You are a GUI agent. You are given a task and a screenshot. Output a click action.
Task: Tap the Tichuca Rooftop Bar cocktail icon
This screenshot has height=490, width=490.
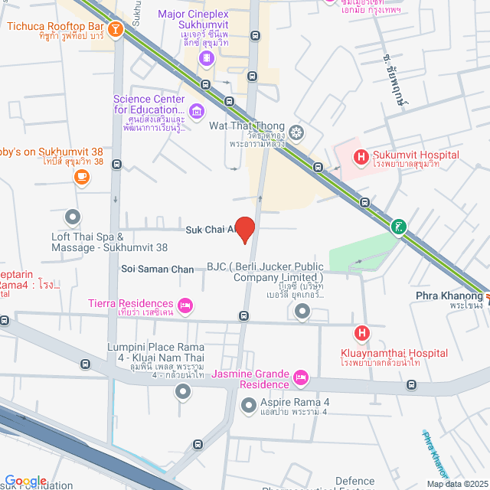[116, 30]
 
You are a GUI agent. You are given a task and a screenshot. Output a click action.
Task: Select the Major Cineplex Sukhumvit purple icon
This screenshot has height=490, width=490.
[206, 58]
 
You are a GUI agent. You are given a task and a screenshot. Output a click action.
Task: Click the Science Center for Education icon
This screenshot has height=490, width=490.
[198, 113]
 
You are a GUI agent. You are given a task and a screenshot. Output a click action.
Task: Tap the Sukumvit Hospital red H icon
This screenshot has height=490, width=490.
[361, 157]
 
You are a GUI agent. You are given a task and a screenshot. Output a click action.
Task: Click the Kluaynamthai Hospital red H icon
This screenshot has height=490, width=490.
[361, 333]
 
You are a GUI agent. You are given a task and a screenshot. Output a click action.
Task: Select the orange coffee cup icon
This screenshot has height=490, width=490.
[81, 177]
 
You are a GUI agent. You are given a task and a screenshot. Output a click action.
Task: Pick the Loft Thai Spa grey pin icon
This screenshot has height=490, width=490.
[73, 217]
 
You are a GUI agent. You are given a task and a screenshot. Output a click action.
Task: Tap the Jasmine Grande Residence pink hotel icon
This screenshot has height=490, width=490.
[301, 377]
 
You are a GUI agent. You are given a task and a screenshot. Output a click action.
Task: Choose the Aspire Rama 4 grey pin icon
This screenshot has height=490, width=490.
[247, 403]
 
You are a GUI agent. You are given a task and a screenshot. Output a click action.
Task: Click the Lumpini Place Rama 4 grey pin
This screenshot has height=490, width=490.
[182, 392]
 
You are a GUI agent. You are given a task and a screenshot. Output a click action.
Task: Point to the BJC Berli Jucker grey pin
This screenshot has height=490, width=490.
[302, 311]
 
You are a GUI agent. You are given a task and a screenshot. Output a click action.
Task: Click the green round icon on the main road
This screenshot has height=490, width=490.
[398, 227]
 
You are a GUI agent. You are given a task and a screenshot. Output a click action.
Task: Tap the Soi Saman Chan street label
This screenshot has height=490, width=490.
[158, 269]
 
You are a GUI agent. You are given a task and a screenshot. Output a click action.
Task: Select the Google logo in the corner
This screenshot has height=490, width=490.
[25, 480]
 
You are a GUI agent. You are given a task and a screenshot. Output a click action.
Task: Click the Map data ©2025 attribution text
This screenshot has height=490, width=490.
[456, 484]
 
